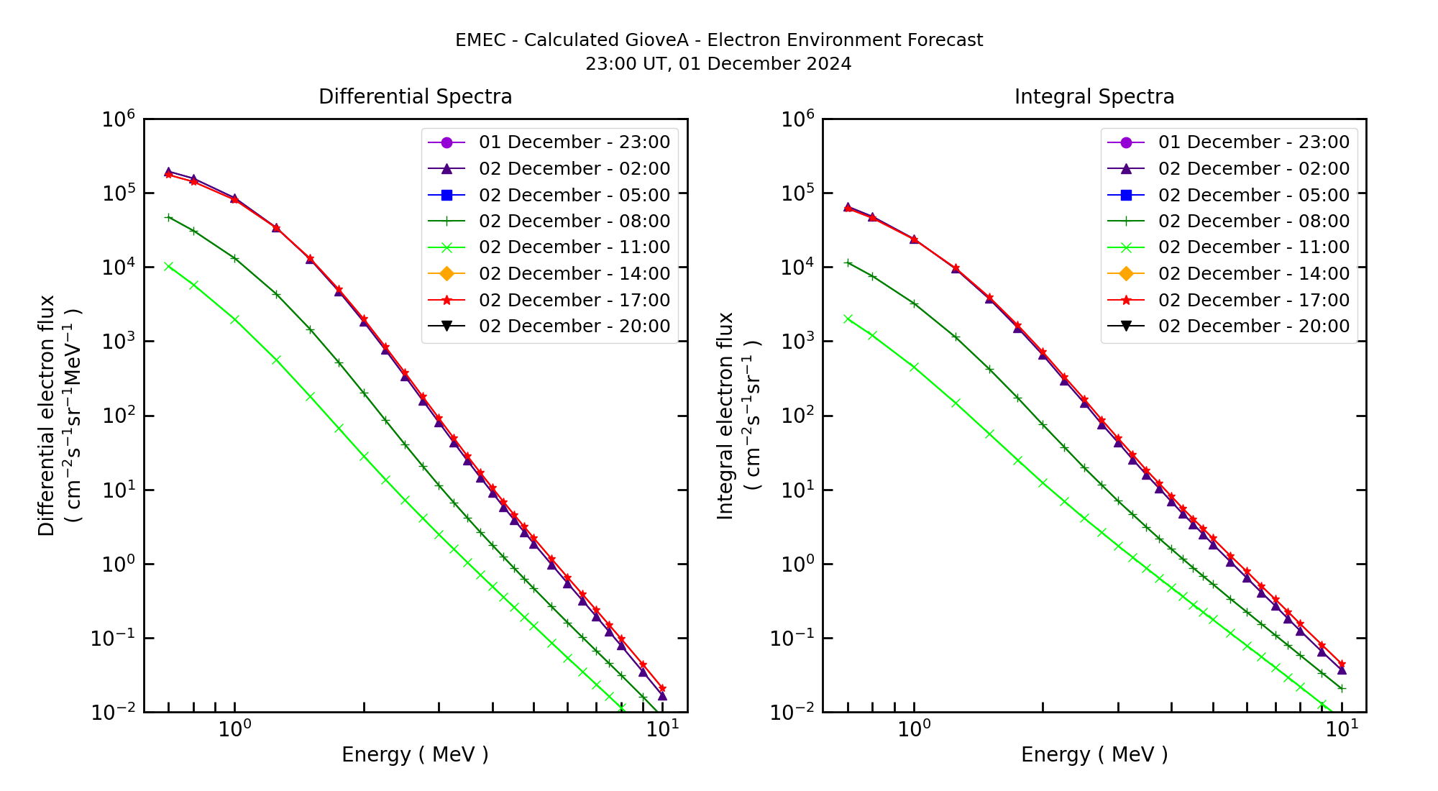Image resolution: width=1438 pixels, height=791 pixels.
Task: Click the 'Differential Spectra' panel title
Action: point(415,96)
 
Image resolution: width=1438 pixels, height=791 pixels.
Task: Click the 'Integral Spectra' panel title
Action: point(1094,96)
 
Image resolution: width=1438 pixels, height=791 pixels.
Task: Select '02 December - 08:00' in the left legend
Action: point(574,221)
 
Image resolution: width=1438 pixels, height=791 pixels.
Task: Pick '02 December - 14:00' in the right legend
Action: point(1253,274)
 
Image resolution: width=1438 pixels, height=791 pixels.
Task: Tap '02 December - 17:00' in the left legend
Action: point(574,301)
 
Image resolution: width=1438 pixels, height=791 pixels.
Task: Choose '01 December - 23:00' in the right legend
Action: point(1253,142)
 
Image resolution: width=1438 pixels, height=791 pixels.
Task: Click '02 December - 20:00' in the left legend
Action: point(574,326)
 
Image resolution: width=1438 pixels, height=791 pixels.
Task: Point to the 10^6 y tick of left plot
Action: point(119,119)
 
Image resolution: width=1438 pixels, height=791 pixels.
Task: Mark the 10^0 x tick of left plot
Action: point(234,729)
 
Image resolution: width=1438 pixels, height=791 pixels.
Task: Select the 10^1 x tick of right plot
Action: point(1342,729)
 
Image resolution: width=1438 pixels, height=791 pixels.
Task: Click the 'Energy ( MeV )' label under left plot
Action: point(415,754)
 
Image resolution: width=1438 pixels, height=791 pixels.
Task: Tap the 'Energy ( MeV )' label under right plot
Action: point(1094,754)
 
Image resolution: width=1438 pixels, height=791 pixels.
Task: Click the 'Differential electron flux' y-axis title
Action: point(47,416)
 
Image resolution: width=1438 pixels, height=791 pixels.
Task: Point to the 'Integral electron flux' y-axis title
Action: point(725,416)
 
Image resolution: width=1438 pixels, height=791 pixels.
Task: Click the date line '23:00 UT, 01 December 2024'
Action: point(718,64)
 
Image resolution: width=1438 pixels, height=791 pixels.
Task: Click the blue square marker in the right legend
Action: point(1126,195)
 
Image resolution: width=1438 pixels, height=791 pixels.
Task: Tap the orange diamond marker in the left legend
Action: point(446,274)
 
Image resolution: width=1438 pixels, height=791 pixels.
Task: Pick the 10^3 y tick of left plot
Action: point(119,342)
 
